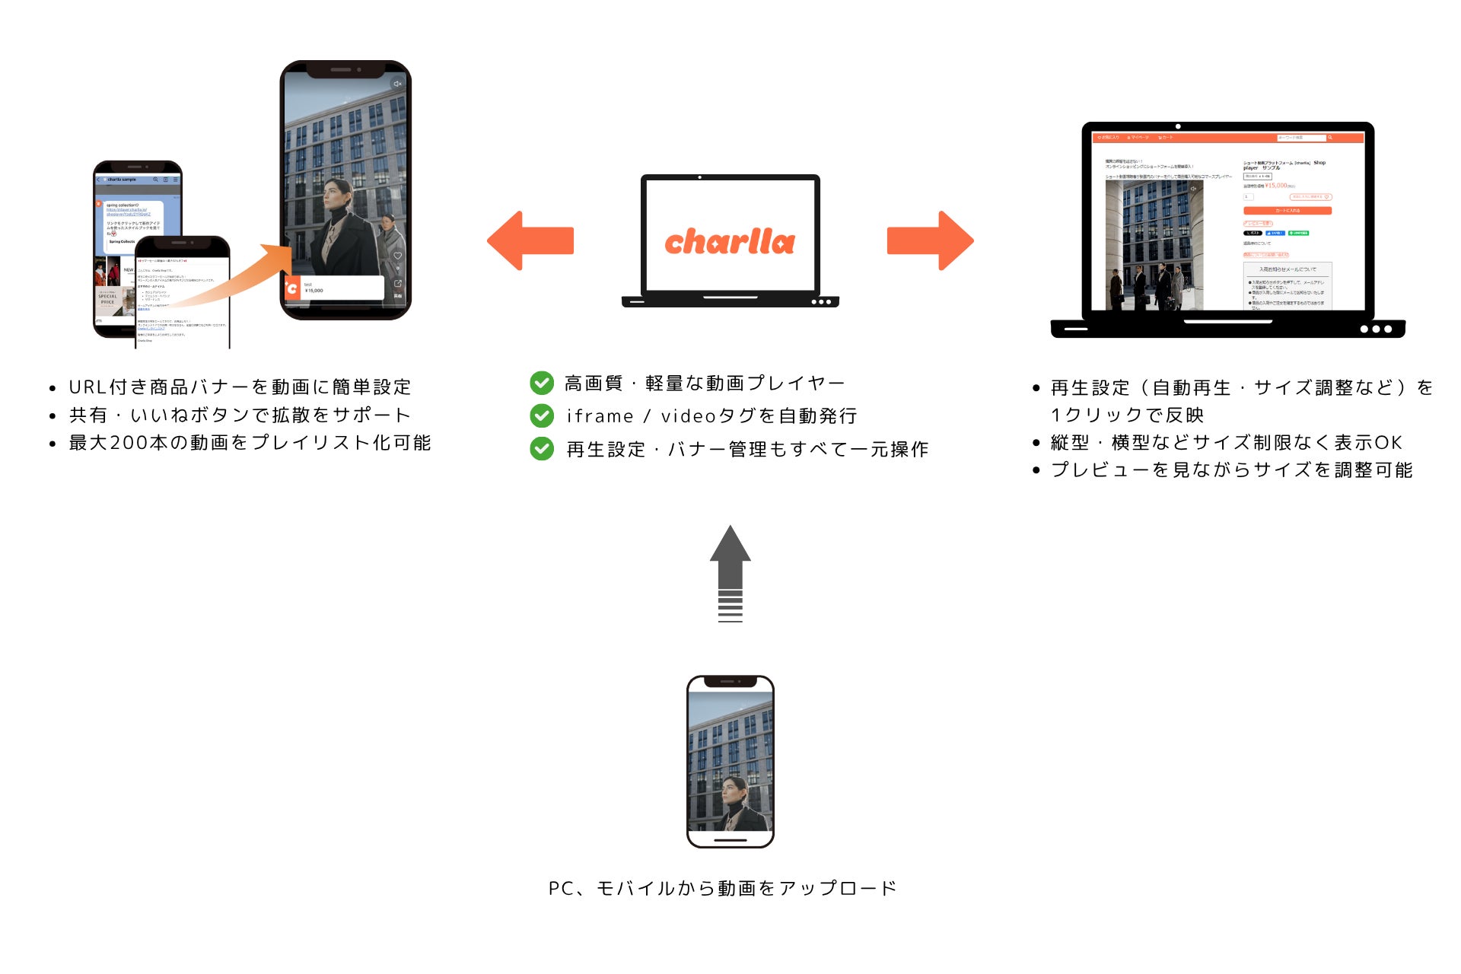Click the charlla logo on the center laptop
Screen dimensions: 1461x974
tap(730, 241)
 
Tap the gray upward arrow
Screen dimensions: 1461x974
tap(730, 563)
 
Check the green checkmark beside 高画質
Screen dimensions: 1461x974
tap(542, 383)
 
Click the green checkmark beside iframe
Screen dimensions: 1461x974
tap(542, 415)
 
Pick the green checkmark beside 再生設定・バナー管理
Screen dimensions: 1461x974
tap(542, 449)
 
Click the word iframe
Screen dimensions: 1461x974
tap(600, 416)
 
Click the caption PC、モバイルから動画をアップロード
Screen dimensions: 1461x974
tap(723, 888)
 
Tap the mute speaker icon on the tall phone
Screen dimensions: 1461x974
tap(396, 84)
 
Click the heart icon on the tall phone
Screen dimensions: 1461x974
tap(397, 256)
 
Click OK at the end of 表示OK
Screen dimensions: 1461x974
tap(1388, 443)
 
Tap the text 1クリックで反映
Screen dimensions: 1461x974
tap(1127, 415)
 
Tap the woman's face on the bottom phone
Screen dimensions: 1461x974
tap(734, 789)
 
